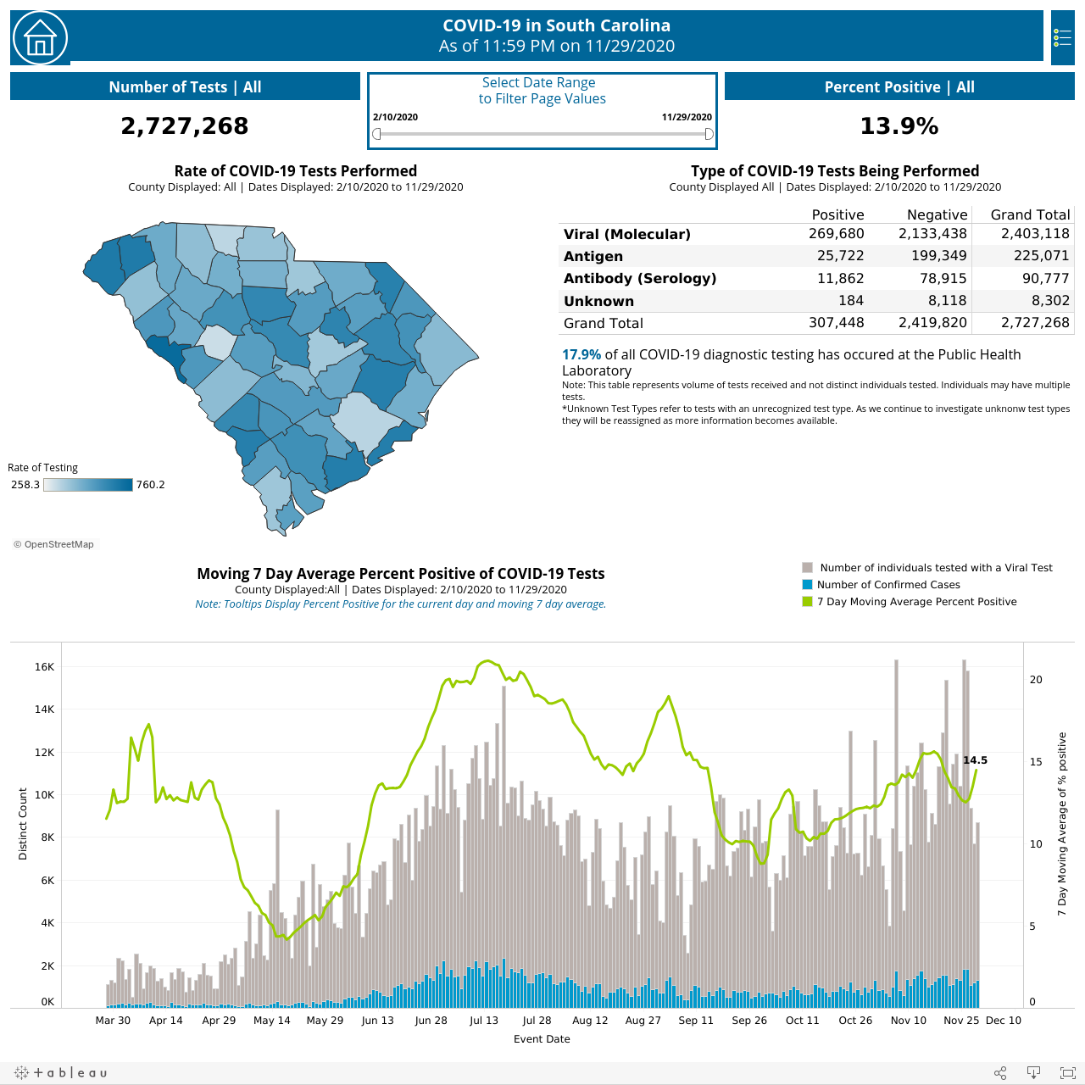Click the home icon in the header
(40, 38)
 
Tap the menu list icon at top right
(1062, 38)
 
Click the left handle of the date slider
(376, 133)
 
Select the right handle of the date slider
(709, 133)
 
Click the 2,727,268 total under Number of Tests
(185, 125)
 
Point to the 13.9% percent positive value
(899, 125)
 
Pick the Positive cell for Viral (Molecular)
(836, 234)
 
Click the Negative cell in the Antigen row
(938, 256)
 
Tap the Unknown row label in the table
(598, 301)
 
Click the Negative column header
(937, 214)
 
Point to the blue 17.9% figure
(581, 354)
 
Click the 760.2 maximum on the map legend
(150, 484)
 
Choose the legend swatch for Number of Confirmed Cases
(807, 584)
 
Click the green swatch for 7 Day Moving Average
(807, 601)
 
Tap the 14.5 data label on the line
(975, 760)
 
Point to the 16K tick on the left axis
(44, 666)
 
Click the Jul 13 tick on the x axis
(484, 1020)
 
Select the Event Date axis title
(542, 1039)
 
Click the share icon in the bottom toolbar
(1000, 1072)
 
